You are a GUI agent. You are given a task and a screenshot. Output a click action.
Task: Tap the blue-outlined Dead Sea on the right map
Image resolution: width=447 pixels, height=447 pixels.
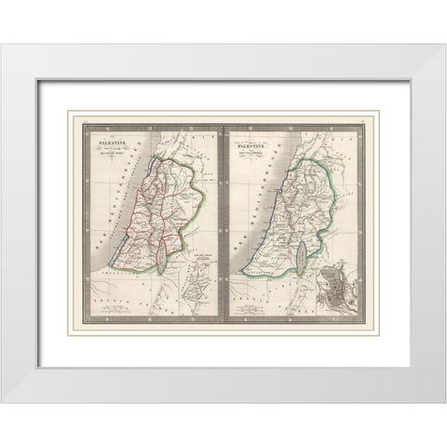(307, 251)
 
